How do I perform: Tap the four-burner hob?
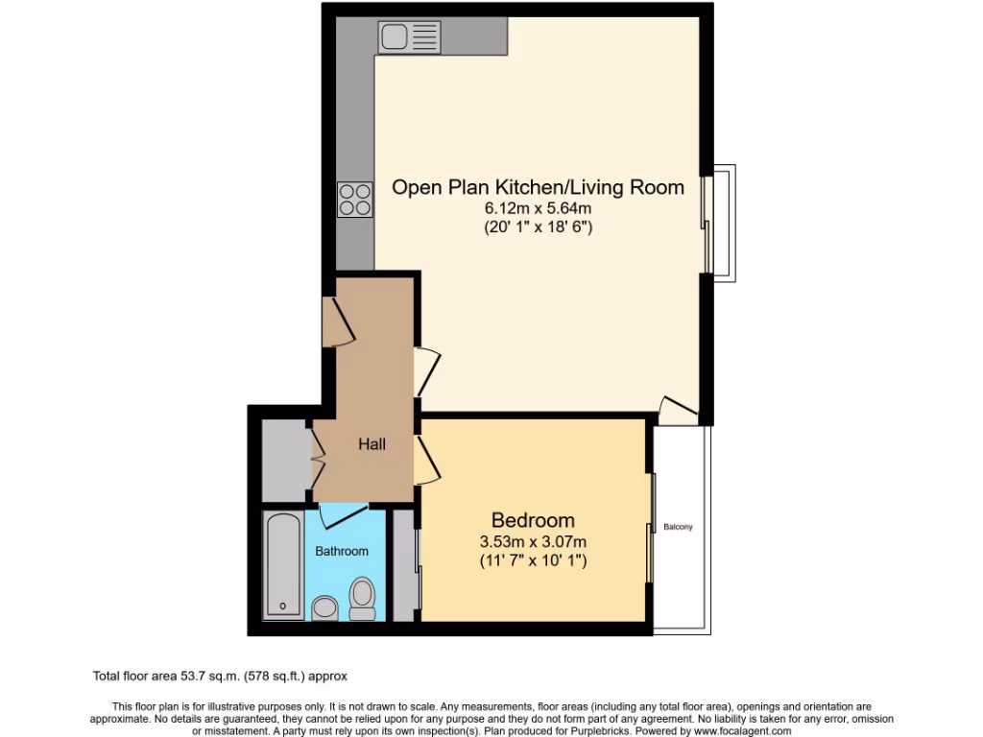[354, 198]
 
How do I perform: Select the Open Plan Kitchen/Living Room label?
[538, 187]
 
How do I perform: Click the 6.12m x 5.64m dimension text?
[538, 208]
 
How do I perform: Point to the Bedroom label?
[533, 520]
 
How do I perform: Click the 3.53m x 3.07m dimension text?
[533, 541]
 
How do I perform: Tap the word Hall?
[372, 444]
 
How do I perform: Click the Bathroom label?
[342, 551]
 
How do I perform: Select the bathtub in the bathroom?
[283, 565]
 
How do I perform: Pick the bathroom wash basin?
[325, 607]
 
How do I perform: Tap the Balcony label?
[678, 527]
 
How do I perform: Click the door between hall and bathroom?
[344, 514]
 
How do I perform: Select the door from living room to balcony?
[679, 410]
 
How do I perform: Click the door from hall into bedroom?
[427, 460]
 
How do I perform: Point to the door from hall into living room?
[427, 372]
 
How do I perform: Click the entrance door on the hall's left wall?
[338, 321]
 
